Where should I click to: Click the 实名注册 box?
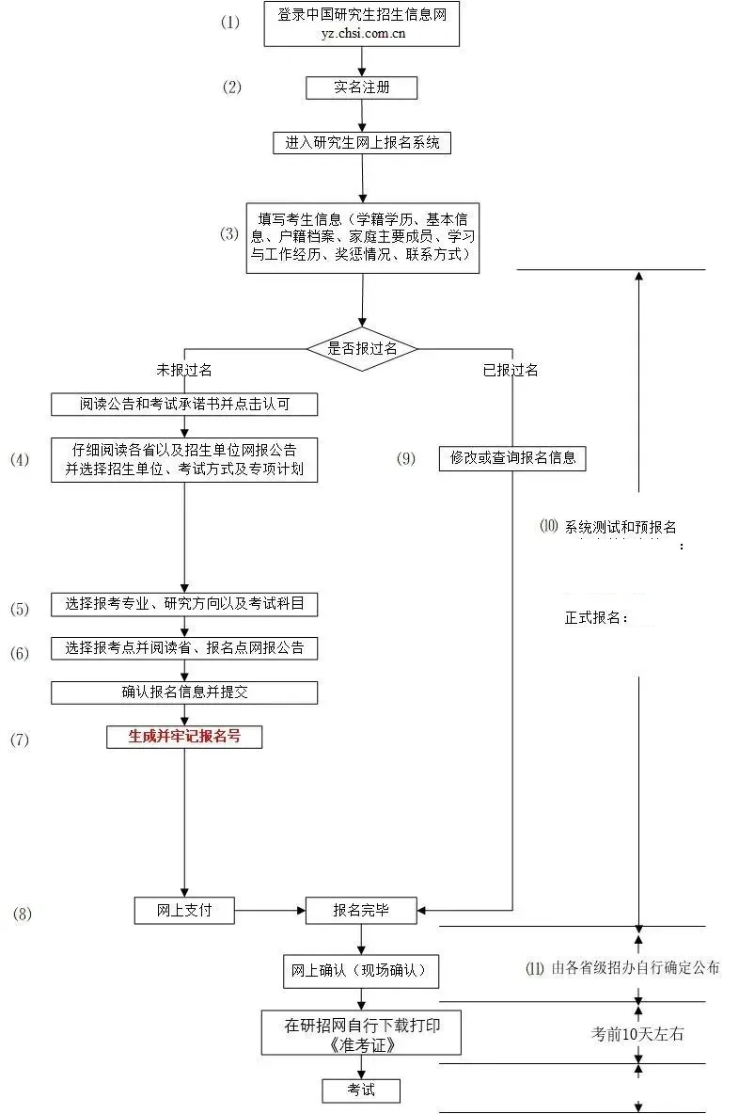(361, 88)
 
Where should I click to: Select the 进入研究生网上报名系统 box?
(362, 143)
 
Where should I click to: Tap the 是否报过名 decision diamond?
(362, 348)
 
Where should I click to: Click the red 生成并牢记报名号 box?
(184, 737)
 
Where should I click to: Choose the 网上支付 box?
(183, 910)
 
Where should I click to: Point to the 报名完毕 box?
(362, 910)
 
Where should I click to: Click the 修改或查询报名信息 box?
(512, 458)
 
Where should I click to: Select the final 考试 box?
(362, 1090)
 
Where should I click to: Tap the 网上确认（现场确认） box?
(362, 971)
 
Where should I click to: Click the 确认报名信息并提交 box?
(184, 692)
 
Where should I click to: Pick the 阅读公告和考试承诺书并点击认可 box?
(184, 405)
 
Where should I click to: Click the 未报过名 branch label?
(184, 370)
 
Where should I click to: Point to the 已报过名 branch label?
(511, 370)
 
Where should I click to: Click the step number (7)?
(20, 740)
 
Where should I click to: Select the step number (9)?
(406, 459)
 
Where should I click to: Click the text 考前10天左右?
(637, 1034)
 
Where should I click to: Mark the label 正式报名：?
(596, 618)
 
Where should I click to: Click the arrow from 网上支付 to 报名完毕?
(270, 910)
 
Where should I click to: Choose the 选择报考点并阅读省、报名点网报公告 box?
(184, 648)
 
